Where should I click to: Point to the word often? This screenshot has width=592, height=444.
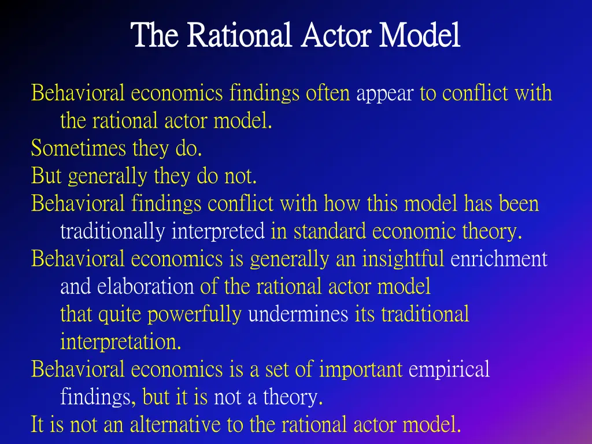[x=328, y=94]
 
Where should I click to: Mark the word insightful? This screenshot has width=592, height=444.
[x=403, y=259]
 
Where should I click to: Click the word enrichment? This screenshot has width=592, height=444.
[x=499, y=259]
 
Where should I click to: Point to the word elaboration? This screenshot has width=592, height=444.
[x=146, y=287]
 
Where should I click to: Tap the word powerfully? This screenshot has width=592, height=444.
[x=194, y=314]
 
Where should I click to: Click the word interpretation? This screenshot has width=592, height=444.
[x=121, y=342]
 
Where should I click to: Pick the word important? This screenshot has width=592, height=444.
[x=361, y=369]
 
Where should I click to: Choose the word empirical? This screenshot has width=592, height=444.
[x=449, y=369]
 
